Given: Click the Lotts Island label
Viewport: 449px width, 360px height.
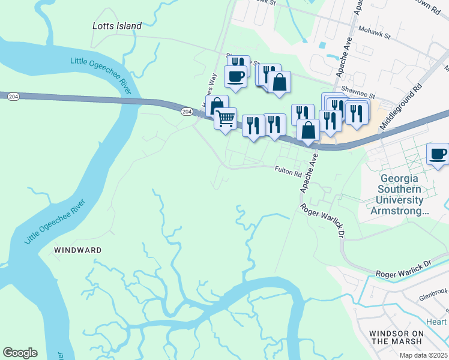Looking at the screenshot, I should pyautogui.click(x=118, y=26).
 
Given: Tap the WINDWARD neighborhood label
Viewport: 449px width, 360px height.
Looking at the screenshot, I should pyautogui.click(x=78, y=250).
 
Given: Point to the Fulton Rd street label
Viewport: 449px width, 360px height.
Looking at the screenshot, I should pyautogui.click(x=288, y=172).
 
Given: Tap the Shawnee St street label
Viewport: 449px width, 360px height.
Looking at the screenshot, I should pyautogui.click(x=358, y=95).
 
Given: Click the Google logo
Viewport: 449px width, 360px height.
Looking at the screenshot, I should pyautogui.click(x=20, y=353).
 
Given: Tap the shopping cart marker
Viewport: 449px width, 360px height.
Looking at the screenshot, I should pyautogui.click(x=225, y=119).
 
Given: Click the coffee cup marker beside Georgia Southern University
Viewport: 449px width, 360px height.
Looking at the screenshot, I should pyautogui.click(x=438, y=154).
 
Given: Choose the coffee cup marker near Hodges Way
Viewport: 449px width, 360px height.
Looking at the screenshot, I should pyautogui.click(x=235, y=76).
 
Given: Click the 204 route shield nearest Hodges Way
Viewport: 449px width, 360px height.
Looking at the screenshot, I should pyautogui.click(x=187, y=112).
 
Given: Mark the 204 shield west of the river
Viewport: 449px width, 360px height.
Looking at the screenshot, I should pyautogui.click(x=11, y=96).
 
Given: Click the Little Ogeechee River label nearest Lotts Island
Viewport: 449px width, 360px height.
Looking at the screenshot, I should pyautogui.click(x=101, y=75).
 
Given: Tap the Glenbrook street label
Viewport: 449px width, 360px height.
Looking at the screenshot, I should pyautogui.click(x=433, y=292).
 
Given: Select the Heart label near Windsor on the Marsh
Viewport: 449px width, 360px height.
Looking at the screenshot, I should pyautogui.click(x=436, y=322).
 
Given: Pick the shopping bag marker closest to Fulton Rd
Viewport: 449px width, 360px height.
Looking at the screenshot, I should pyautogui.click(x=308, y=130).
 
